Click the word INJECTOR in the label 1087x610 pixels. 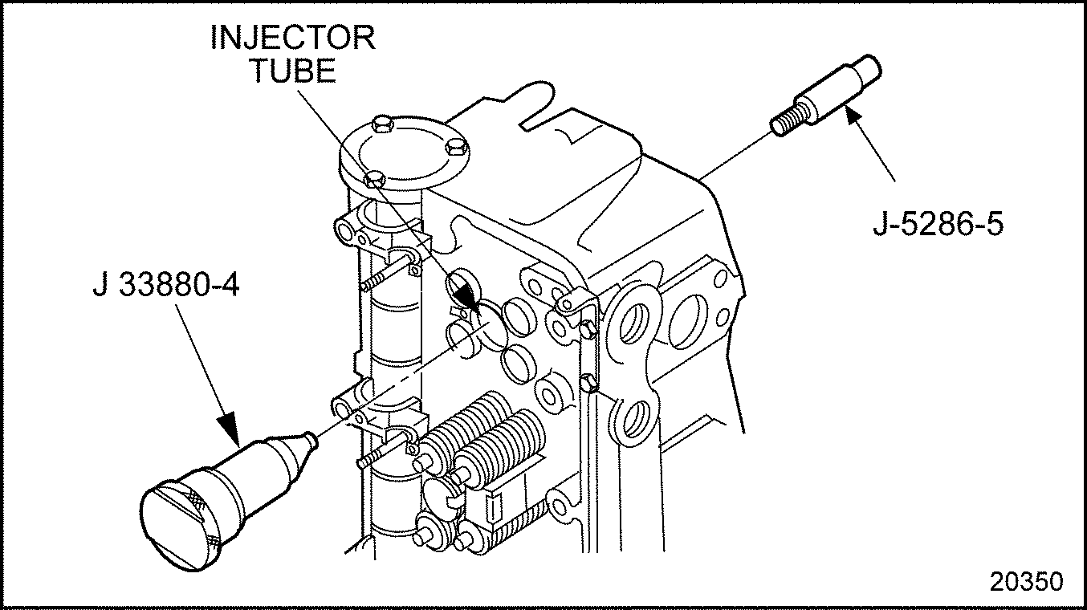(292, 38)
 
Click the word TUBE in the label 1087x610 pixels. (292, 71)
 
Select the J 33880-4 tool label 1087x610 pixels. (165, 287)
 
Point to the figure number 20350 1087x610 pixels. (1026, 581)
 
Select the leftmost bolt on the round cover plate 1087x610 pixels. (373, 178)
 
